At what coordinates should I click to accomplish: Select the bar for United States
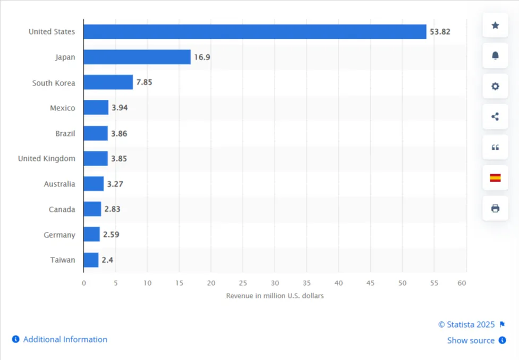254,32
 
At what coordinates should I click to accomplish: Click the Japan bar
137,57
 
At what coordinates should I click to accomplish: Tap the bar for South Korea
108,82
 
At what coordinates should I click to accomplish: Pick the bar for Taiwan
91,260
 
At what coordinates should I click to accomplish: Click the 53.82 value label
440,32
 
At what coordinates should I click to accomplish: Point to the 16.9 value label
202,57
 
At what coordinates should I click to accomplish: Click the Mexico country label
62,108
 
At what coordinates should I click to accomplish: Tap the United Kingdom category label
47,158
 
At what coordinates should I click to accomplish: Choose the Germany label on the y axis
59,235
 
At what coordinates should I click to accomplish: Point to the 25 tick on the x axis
243,283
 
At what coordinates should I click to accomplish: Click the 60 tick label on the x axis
462,283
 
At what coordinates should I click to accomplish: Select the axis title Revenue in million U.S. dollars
275,296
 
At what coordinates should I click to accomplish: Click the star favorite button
495,25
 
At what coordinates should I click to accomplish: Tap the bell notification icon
495,56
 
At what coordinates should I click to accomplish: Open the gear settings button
495,86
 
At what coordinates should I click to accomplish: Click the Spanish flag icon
495,178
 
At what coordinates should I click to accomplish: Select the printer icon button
495,208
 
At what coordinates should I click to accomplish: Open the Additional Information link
65,339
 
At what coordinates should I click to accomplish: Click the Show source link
471,340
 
